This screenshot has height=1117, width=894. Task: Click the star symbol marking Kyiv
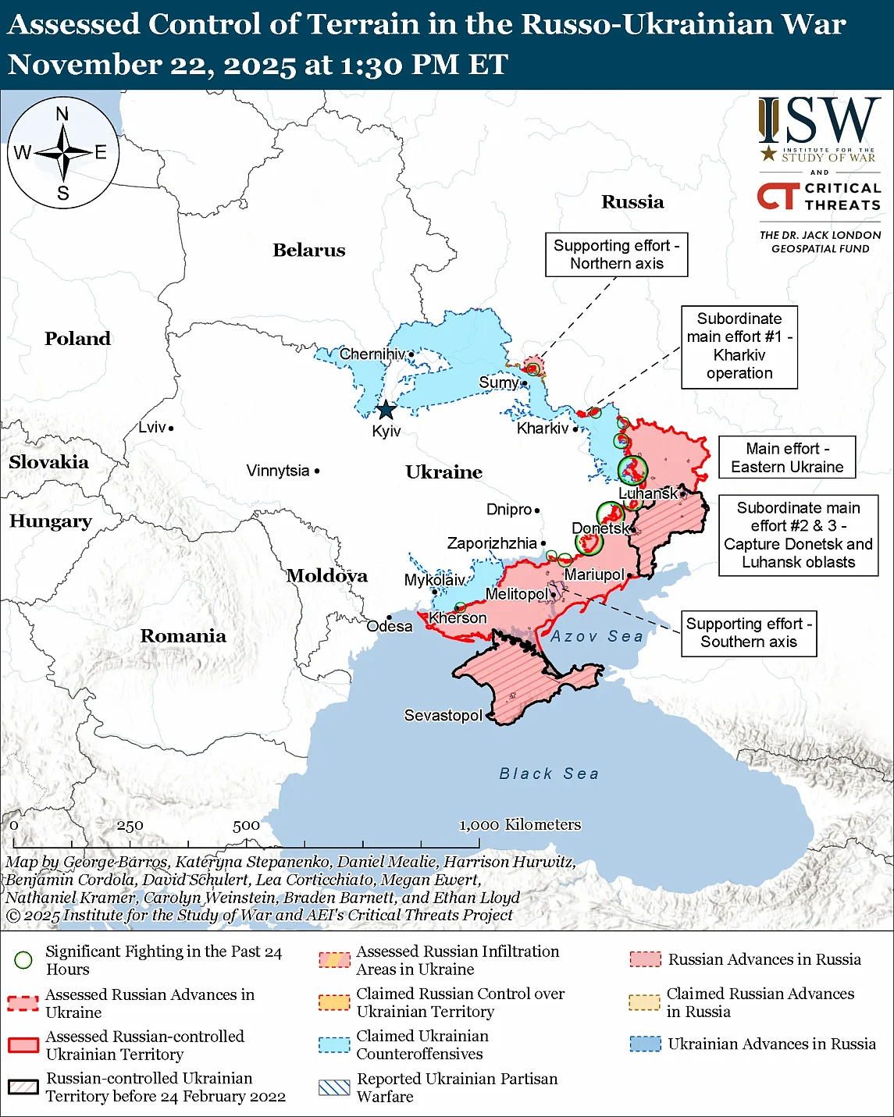point(386,410)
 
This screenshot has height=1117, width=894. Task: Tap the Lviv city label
point(152,427)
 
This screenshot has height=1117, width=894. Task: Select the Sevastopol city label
point(443,715)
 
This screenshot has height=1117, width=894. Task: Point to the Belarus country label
point(308,250)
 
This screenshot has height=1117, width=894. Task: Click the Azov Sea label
point(597,636)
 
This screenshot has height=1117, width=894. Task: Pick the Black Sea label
point(549,774)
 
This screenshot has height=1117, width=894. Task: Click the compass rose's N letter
point(62,114)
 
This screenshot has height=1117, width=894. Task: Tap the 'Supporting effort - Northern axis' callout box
point(616,254)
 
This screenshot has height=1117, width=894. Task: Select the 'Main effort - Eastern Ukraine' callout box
point(786,457)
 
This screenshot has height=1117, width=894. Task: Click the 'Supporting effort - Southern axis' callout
point(748,633)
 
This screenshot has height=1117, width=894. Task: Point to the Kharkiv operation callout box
point(739,347)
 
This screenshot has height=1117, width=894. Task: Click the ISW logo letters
point(819,121)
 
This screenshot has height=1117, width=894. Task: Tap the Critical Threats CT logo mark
point(778,196)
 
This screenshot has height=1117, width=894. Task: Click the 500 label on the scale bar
point(246,825)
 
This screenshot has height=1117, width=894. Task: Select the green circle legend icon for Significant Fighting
point(23,960)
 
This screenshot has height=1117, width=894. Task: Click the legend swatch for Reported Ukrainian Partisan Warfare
point(334,1087)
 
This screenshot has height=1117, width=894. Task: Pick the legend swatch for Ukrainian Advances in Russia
point(645,1044)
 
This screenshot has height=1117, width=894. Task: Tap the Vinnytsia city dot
point(317,471)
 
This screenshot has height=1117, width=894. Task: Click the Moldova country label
point(326,576)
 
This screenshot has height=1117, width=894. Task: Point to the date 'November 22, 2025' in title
point(152,64)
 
